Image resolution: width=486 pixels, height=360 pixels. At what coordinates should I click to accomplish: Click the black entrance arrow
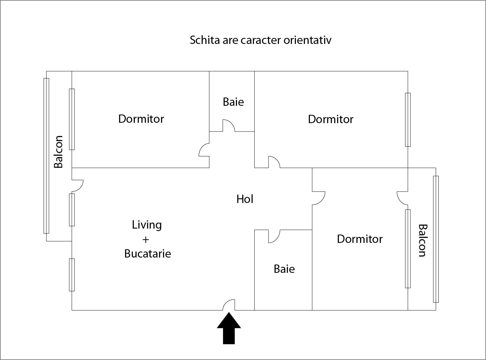point(229,328)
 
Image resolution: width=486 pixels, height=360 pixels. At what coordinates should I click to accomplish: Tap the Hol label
point(245,199)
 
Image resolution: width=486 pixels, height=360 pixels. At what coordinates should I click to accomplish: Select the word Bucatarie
point(147,254)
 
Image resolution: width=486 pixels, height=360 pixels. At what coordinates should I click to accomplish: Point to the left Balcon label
point(59,152)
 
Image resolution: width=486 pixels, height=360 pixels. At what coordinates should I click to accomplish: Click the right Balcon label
point(423,240)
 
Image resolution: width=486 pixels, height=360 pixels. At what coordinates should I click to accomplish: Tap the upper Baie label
point(233,102)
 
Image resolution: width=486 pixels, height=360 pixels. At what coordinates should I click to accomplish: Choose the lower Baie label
point(284,269)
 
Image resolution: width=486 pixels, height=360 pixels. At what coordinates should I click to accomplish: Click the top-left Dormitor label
point(141,119)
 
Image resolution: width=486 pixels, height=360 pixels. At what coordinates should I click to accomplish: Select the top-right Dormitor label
point(331,119)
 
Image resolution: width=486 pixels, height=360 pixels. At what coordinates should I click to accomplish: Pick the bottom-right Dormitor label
point(360,239)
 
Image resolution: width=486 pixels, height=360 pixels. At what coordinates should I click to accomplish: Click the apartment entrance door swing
point(229,305)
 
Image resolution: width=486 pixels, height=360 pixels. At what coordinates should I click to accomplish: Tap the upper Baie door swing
point(229,125)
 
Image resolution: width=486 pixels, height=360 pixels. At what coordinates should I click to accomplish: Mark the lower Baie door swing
point(274,236)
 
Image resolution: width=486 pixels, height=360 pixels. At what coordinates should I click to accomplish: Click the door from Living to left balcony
point(78,186)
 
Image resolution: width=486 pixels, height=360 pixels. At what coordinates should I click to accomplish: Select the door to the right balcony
point(402,198)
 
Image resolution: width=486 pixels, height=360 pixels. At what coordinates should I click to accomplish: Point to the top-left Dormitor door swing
point(204,150)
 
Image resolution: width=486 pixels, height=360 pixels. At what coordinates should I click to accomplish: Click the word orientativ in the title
point(308,40)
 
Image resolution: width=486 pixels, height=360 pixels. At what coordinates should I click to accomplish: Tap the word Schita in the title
point(205,40)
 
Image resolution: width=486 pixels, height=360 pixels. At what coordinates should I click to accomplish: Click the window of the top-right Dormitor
point(408,120)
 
